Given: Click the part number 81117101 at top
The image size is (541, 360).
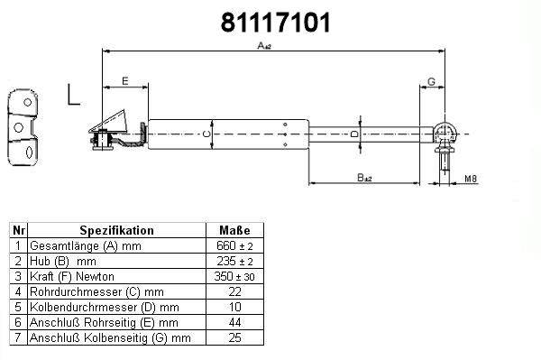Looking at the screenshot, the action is [275, 23].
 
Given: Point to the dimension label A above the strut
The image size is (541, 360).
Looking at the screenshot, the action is [264, 45].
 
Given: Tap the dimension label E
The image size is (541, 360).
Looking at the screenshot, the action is [125, 81].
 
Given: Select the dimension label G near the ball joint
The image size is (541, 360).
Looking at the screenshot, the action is [431, 82].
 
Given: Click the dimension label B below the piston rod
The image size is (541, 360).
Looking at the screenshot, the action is [364, 178].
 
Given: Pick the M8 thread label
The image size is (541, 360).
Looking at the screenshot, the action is [471, 179].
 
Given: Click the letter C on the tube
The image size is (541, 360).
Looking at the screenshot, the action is [206, 134].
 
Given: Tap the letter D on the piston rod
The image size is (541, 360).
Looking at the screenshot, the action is [354, 134].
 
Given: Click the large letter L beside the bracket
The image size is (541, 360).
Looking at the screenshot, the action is [73, 94].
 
